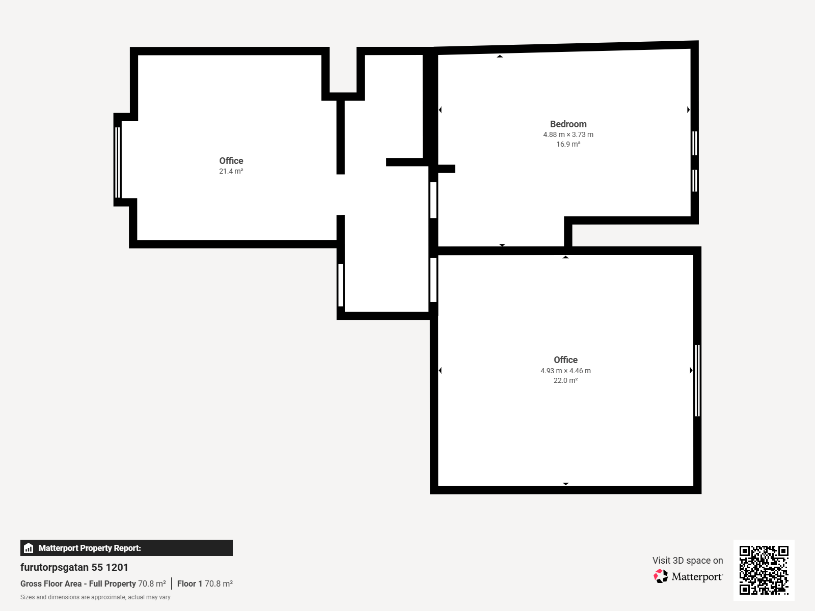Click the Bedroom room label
(x=568, y=124)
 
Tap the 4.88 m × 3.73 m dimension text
(x=568, y=134)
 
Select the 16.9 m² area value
(x=568, y=144)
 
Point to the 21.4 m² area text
(x=231, y=171)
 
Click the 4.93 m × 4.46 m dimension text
(x=565, y=371)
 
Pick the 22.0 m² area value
(x=565, y=380)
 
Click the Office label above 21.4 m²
(x=231, y=160)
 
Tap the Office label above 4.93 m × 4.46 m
(x=565, y=360)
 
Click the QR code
(x=764, y=570)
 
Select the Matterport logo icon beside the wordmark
(x=661, y=576)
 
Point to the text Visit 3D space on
(x=688, y=560)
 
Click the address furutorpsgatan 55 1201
(x=74, y=567)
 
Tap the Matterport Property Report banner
(x=127, y=548)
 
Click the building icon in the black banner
(x=29, y=548)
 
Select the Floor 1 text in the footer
(x=189, y=584)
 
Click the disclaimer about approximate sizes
(x=95, y=597)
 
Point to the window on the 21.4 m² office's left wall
(x=118, y=162)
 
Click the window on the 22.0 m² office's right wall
(x=697, y=381)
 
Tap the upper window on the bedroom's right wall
(x=695, y=143)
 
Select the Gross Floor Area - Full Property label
(x=78, y=584)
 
